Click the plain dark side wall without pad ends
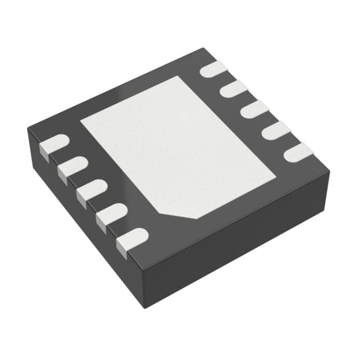coord(242,242)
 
